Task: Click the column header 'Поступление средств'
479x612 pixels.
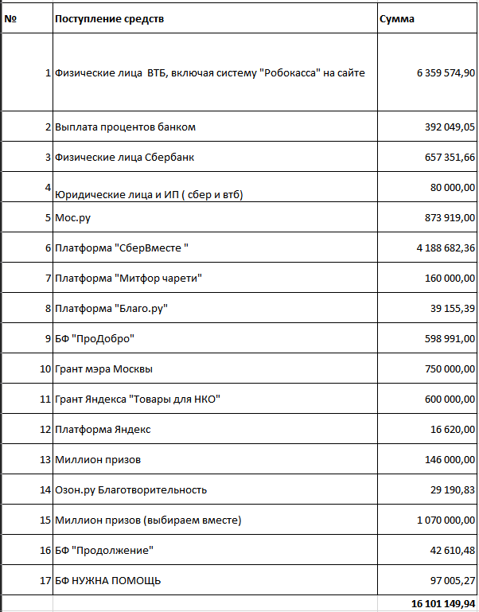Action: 110,18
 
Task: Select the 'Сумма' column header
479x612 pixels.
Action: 397,18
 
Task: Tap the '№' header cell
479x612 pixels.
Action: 10,18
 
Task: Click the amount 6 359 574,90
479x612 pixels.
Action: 446,73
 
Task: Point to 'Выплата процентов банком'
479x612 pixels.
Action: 126,127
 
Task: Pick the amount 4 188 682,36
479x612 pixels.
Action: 446,248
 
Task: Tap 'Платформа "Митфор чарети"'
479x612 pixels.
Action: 129,279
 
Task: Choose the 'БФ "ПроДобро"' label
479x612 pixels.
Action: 95,339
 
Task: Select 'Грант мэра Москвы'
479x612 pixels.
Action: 103,369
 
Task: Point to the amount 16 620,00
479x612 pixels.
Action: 453,430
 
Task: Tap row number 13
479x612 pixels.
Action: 45,460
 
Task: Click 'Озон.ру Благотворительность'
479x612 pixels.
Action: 131,490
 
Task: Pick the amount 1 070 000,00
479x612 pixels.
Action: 446,520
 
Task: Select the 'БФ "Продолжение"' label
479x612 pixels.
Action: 103,551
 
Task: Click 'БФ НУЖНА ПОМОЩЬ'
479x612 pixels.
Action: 108,581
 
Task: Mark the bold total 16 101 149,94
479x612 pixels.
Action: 442,604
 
